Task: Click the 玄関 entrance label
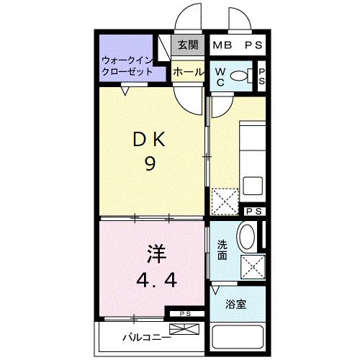click(x=187, y=45)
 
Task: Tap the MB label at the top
click(x=223, y=45)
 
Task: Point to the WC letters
click(x=221, y=76)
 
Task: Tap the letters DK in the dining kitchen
click(x=150, y=140)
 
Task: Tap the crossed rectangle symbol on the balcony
click(x=184, y=331)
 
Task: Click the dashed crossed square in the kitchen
click(x=225, y=201)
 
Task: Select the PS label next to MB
click(x=253, y=45)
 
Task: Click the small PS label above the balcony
click(x=185, y=314)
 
